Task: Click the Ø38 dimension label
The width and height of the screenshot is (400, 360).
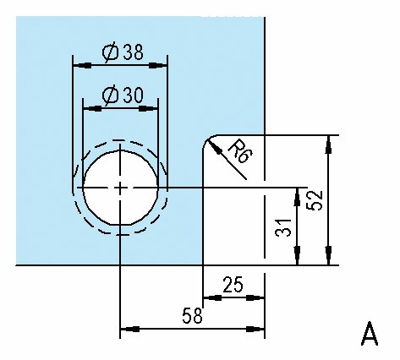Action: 123,52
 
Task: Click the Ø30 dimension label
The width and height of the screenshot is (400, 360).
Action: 123,95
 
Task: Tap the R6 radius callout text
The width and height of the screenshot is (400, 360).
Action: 240,151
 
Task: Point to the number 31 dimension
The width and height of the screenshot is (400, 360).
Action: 283,227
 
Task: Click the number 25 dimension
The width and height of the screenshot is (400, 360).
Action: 233,285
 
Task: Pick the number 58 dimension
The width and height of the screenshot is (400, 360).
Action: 193,315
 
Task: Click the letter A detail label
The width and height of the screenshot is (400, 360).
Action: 370,334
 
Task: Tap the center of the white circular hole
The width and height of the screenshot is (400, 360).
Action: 120,188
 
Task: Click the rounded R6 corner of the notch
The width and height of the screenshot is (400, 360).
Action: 207,139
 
